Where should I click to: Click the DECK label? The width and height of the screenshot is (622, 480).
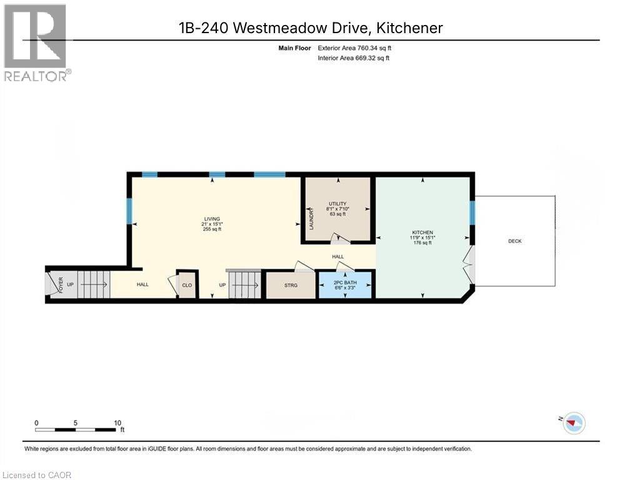[514, 241]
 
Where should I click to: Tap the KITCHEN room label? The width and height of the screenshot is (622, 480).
[422, 232]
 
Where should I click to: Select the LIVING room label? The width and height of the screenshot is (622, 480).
[211, 219]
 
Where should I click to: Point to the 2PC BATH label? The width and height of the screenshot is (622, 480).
[344, 282]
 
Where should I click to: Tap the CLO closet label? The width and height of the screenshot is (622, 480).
[187, 285]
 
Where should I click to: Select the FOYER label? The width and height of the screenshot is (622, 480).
[61, 284]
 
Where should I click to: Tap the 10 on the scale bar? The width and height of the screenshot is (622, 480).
[118, 422]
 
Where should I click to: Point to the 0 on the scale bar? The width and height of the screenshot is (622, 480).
[37, 422]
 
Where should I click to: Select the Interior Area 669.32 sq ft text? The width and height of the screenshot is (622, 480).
[353, 58]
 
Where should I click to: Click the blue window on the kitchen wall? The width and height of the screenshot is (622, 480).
[473, 212]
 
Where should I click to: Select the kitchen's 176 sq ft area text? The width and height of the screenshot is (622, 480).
[422, 242]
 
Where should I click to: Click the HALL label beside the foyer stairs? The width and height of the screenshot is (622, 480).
[143, 284]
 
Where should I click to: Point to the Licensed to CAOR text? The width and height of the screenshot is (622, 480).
[37, 475]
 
